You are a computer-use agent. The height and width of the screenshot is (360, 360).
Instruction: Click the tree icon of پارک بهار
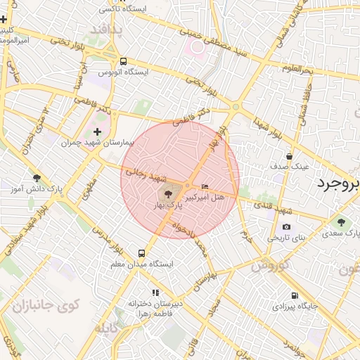167,191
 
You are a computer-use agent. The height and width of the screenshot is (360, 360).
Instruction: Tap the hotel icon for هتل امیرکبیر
205,186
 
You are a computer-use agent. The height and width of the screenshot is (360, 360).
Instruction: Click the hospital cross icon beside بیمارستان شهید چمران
97,131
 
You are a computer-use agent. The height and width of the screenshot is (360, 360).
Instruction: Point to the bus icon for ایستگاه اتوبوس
124,61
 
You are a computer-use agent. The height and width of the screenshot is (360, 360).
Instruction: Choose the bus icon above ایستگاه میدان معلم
142,253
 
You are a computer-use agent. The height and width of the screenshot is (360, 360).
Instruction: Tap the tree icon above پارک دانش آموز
37,178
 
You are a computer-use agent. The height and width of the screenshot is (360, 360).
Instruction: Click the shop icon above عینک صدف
290,156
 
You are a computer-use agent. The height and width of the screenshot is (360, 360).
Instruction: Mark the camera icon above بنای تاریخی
286,226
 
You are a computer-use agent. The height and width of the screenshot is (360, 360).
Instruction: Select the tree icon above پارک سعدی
341,222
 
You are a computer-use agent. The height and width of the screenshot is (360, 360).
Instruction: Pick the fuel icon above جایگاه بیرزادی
294,295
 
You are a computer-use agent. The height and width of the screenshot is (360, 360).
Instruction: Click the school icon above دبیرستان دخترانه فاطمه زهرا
155,292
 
